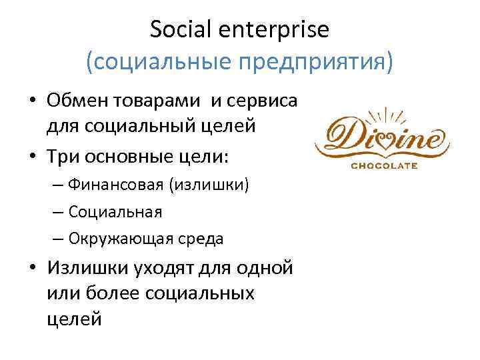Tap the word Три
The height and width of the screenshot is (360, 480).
click(62, 155)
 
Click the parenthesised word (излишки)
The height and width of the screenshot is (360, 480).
click(210, 185)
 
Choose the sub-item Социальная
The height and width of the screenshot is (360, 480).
click(114, 211)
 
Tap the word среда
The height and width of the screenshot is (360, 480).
click(199, 238)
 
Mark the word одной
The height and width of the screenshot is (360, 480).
click(267, 267)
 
